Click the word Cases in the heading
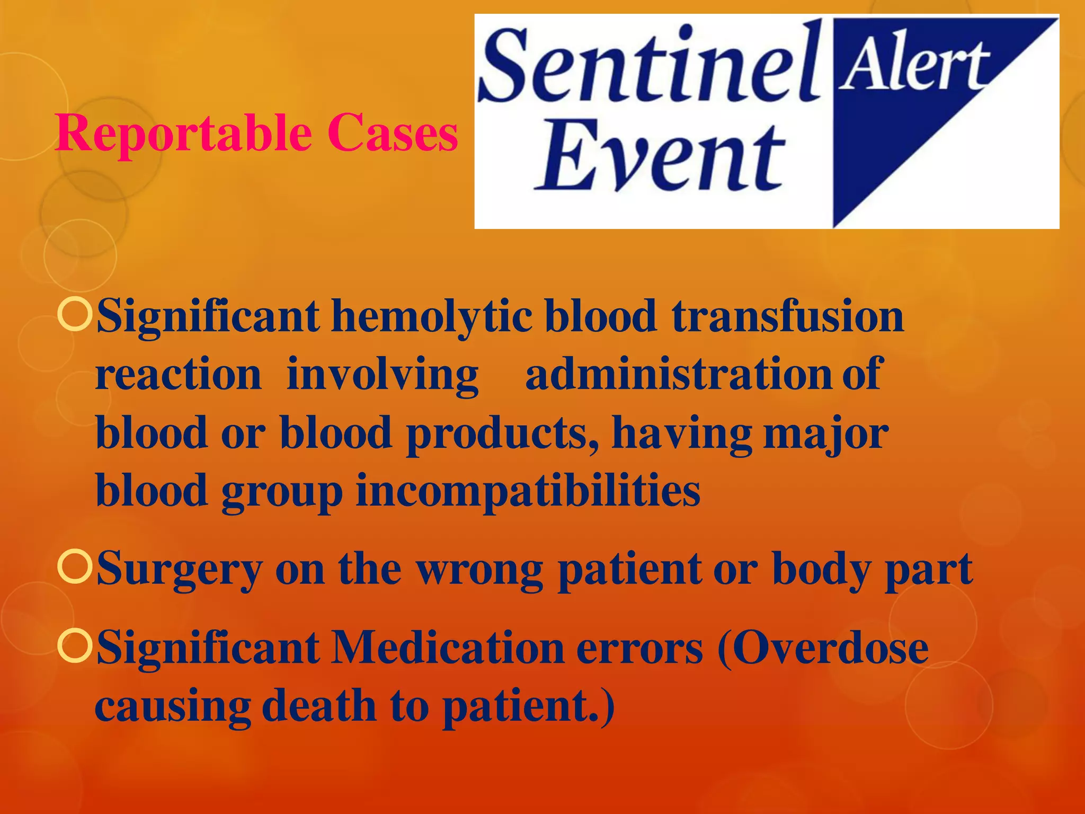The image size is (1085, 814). point(392,132)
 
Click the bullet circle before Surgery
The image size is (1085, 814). point(75,568)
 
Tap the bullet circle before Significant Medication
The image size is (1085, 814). point(75,647)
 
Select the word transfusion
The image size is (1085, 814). point(787,316)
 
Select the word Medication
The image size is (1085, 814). point(447,648)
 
